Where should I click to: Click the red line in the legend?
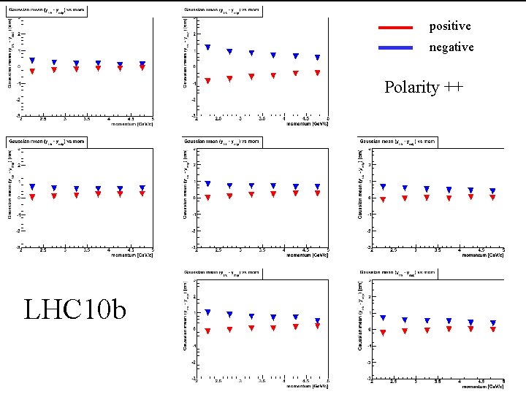click(395, 27)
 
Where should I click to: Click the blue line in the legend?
click(395, 47)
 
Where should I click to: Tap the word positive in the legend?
click(450, 26)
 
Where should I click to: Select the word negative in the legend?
click(451, 47)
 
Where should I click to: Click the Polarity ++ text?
click(423, 88)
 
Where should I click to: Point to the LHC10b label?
click(75, 309)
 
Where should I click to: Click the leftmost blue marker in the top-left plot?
click(32, 61)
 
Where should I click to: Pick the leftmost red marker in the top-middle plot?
click(207, 80)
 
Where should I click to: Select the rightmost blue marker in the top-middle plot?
click(318, 58)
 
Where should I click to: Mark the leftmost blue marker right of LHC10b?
click(207, 312)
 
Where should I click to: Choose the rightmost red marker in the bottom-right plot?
click(492, 329)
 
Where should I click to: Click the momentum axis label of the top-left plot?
click(132, 123)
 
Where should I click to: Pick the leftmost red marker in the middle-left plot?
click(32, 197)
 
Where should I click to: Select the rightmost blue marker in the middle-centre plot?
click(318, 187)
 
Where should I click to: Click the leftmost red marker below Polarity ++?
click(383, 199)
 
